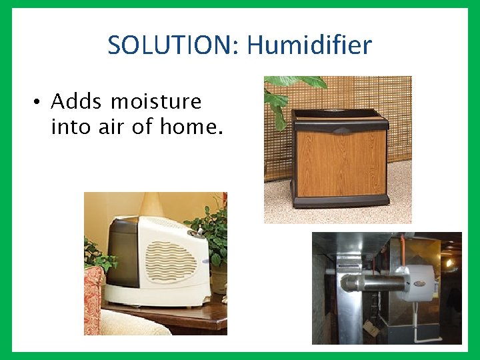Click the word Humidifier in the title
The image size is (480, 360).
309,45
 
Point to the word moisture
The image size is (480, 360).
156,101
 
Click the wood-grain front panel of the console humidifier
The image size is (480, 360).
340,163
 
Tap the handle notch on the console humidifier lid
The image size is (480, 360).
340,131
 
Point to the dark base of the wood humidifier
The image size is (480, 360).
340,201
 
